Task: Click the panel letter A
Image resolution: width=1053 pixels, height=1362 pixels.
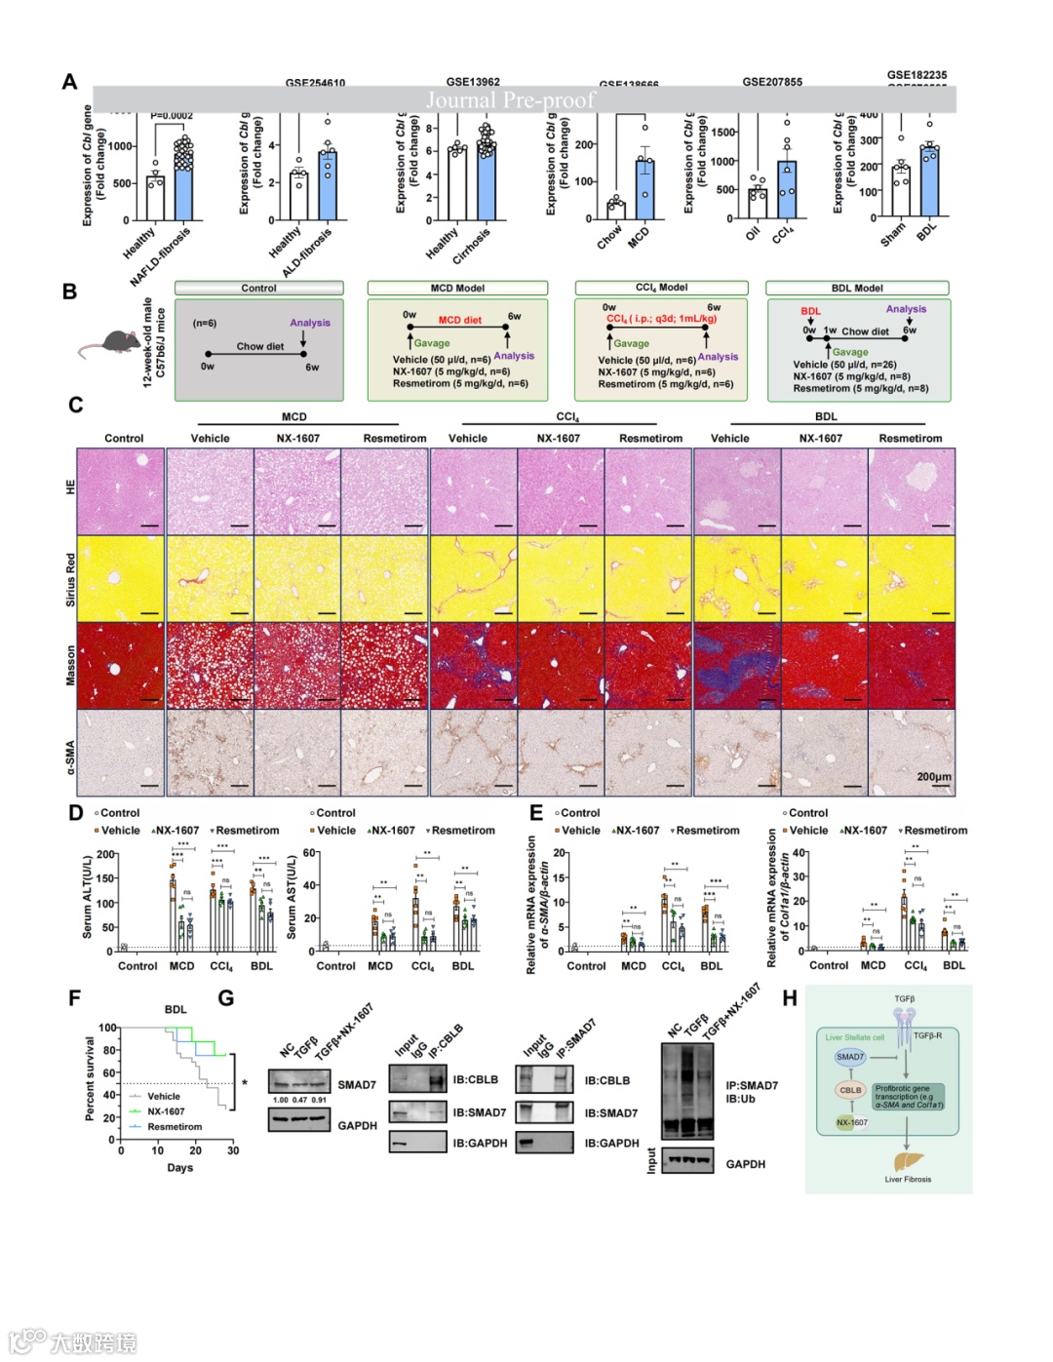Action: coord(69,82)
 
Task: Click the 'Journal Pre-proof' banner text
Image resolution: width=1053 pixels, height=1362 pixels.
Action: coord(510,99)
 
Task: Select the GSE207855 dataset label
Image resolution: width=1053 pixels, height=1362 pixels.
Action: coord(772,82)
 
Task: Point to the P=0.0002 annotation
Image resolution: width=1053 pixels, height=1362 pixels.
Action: coord(172,116)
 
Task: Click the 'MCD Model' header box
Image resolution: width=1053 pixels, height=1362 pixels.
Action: coord(457,288)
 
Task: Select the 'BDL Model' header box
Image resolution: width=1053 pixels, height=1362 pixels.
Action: coord(857,288)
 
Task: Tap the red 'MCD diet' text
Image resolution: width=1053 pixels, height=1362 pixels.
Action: coord(459,320)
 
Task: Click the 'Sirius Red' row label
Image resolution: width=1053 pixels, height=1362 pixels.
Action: coord(70,580)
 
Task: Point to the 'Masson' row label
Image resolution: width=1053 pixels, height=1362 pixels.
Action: coord(70,665)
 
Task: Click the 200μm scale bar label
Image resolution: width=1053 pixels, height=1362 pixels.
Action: coord(934,777)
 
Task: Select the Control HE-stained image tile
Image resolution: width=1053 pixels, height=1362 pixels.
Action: coord(121,491)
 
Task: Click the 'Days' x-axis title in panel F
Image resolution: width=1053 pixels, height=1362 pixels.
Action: coord(179,1167)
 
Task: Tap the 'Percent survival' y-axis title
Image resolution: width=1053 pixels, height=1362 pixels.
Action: coord(90,1078)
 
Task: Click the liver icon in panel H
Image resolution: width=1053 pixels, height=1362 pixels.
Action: coord(907,1161)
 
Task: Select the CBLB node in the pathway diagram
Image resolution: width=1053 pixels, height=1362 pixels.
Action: coord(850,1090)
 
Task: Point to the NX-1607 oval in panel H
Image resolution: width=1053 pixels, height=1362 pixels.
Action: coord(851,1122)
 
